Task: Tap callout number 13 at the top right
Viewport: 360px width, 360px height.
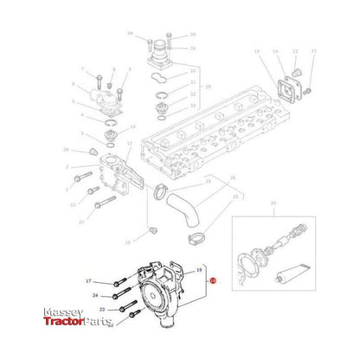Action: pos(313,52)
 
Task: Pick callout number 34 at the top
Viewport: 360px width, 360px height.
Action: pos(129,33)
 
